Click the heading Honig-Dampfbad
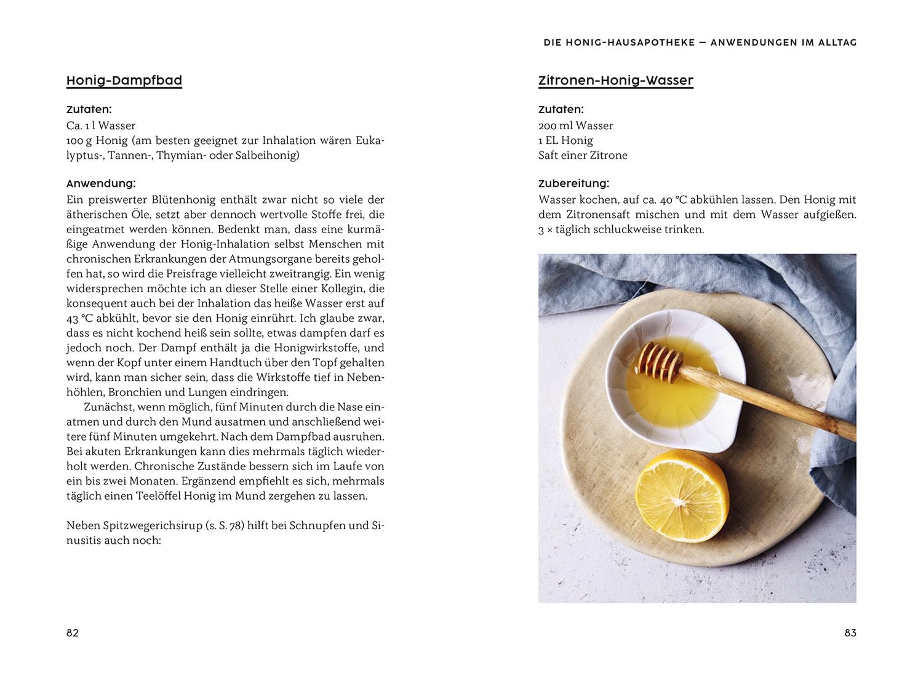coord(124,81)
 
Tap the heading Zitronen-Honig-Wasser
coord(615,81)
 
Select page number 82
coord(73,633)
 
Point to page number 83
coord(850,633)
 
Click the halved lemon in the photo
coord(682,496)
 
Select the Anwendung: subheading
coord(101,183)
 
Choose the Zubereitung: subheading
coord(573,183)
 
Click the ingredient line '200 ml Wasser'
coord(575,126)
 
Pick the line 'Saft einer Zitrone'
coord(583,155)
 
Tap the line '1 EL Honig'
coord(565,140)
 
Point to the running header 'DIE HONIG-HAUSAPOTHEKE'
coord(619,42)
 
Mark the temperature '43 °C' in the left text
coord(80,319)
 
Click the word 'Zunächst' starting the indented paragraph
coord(108,407)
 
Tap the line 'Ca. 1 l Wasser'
coord(101,126)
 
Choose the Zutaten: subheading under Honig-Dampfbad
coord(89,110)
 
